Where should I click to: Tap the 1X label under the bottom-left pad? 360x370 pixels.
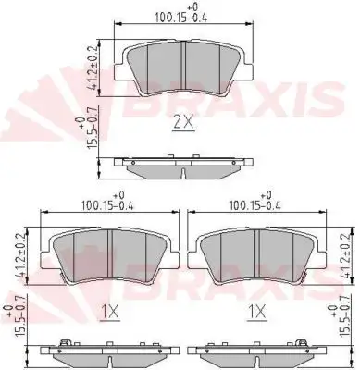[x=110, y=313]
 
